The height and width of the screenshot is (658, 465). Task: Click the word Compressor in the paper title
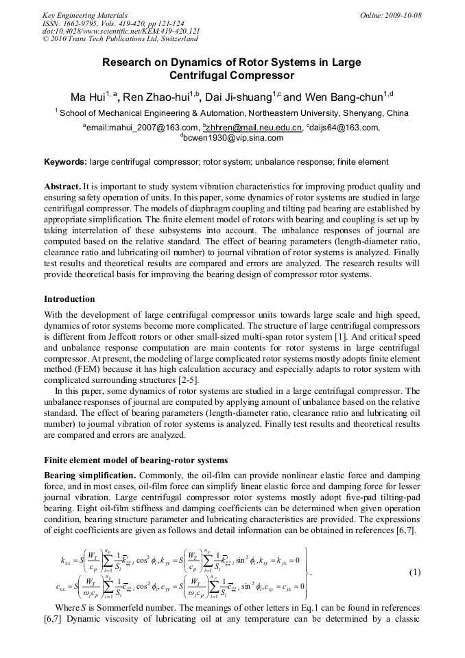[x=264, y=75]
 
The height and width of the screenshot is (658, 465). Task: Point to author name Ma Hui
[x=86, y=97]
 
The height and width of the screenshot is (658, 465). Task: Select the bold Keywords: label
[x=65, y=163]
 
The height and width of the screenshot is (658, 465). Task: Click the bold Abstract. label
[x=62, y=187]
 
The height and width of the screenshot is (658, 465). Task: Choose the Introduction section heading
[x=69, y=299]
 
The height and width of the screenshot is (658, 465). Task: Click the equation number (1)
[x=414, y=572]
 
